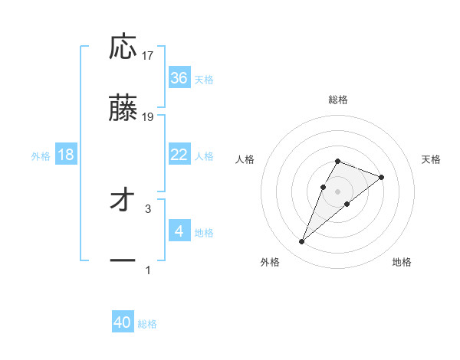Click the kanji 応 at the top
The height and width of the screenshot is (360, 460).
pyautogui.click(x=123, y=47)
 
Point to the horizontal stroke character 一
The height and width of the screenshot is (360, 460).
pyautogui.click(x=123, y=260)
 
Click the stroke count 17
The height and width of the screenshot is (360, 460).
pyautogui.click(x=148, y=55)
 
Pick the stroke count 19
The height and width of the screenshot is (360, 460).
pyautogui.click(x=148, y=116)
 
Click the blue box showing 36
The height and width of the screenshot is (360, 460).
pyautogui.click(x=179, y=78)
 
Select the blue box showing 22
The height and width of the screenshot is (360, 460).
pyautogui.click(x=179, y=155)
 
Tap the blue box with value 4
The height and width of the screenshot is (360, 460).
pyautogui.click(x=179, y=231)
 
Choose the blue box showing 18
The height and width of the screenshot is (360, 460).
pyautogui.click(x=66, y=155)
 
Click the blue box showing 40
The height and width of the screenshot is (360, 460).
pyautogui.click(x=123, y=323)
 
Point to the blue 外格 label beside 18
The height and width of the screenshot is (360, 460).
pyautogui.click(x=41, y=156)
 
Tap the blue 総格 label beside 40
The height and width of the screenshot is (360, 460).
pyautogui.click(x=147, y=325)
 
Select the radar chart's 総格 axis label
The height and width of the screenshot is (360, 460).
pyautogui.click(x=337, y=100)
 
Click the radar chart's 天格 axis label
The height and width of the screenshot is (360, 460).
pyautogui.click(x=431, y=159)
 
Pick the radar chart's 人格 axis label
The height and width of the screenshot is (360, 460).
pyautogui.click(x=245, y=159)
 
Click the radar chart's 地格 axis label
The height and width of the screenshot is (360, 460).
pyautogui.click(x=402, y=262)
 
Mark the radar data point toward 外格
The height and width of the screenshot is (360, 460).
pyautogui.click(x=301, y=242)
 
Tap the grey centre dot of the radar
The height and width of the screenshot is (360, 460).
pyautogui.click(x=337, y=191)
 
